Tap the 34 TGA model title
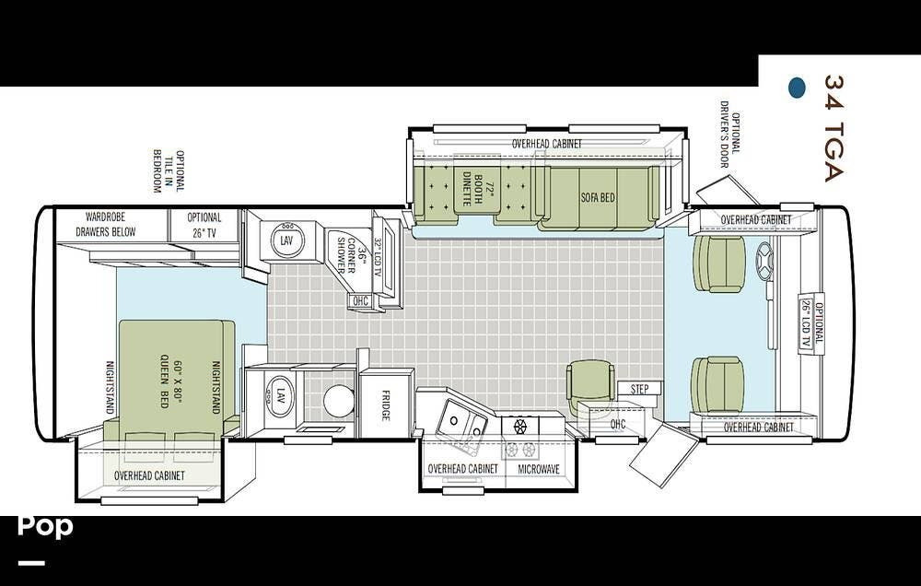click(834, 128)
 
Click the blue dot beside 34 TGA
click(797, 87)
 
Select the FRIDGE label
click(385, 405)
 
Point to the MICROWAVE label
click(539, 469)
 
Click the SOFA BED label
click(598, 197)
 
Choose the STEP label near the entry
click(640, 389)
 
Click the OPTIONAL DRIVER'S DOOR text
click(730, 134)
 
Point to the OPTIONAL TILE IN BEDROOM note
click(169, 171)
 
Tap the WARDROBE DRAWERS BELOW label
click(106, 225)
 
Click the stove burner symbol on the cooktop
click(520, 426)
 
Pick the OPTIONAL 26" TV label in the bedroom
click(204, 225)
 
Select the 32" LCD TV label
click(378, 257)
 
